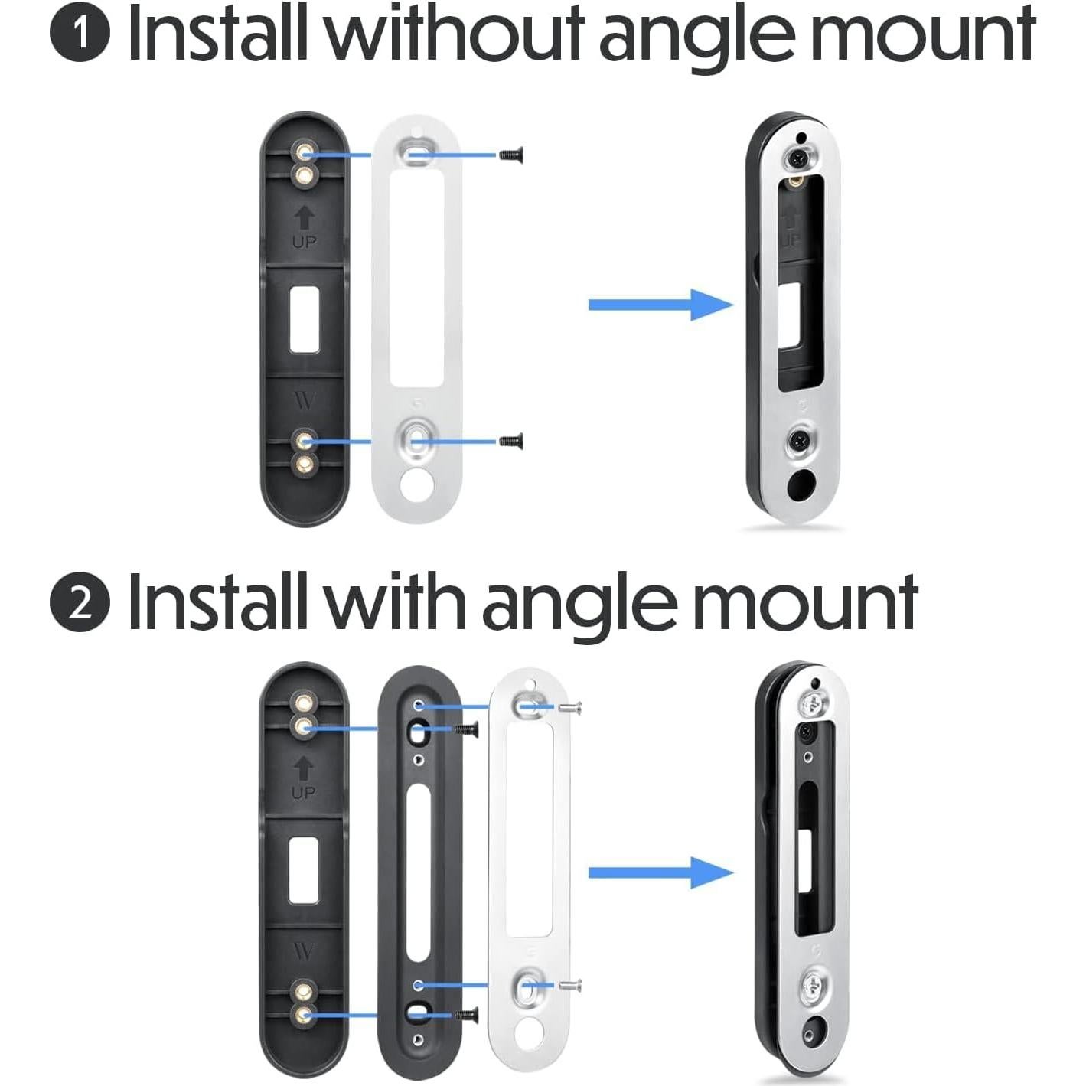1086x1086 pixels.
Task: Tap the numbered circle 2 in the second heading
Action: [x=80, y=604]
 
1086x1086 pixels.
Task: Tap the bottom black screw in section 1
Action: [x=510, y=441]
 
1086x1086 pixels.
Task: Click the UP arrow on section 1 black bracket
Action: [x=304, y=220]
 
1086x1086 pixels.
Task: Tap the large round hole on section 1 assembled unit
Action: [x=801, y=483]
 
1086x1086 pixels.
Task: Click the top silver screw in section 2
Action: [x=572, y=707]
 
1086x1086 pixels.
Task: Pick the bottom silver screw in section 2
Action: [x=571, y=983]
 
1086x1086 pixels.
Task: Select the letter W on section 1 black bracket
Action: [x=304, y=400]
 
